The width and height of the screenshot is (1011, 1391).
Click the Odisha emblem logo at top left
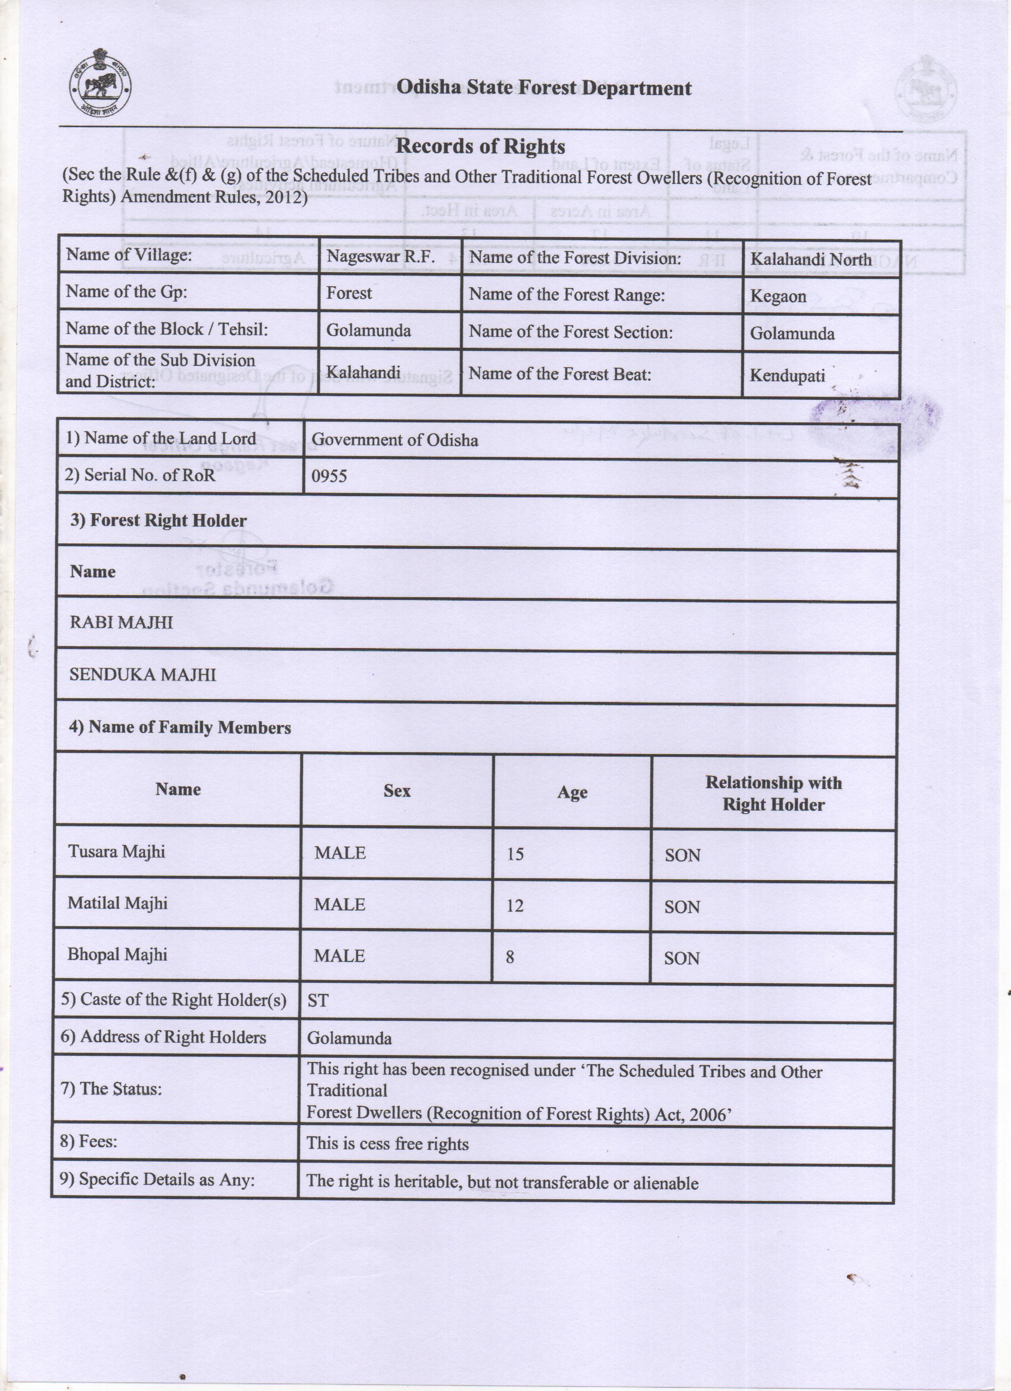tap(100, 83)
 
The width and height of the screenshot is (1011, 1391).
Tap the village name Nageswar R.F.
tap(380, 256)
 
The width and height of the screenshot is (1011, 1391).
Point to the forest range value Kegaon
tap(778, 296)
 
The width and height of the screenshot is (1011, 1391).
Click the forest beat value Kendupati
tap(787, 375)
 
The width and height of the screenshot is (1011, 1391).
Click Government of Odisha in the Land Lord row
tap(394, 440)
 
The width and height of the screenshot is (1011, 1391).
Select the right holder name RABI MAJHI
tap(121, 623)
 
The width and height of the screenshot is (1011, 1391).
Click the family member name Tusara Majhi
tap(117, 851)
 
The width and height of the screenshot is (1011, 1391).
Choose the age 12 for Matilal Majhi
tap(515, 906)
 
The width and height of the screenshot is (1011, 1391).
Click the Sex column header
tap(397, 791)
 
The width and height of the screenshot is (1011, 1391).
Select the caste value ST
tap(318, 1001)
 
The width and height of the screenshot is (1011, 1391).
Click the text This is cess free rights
tap(388, 1143)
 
